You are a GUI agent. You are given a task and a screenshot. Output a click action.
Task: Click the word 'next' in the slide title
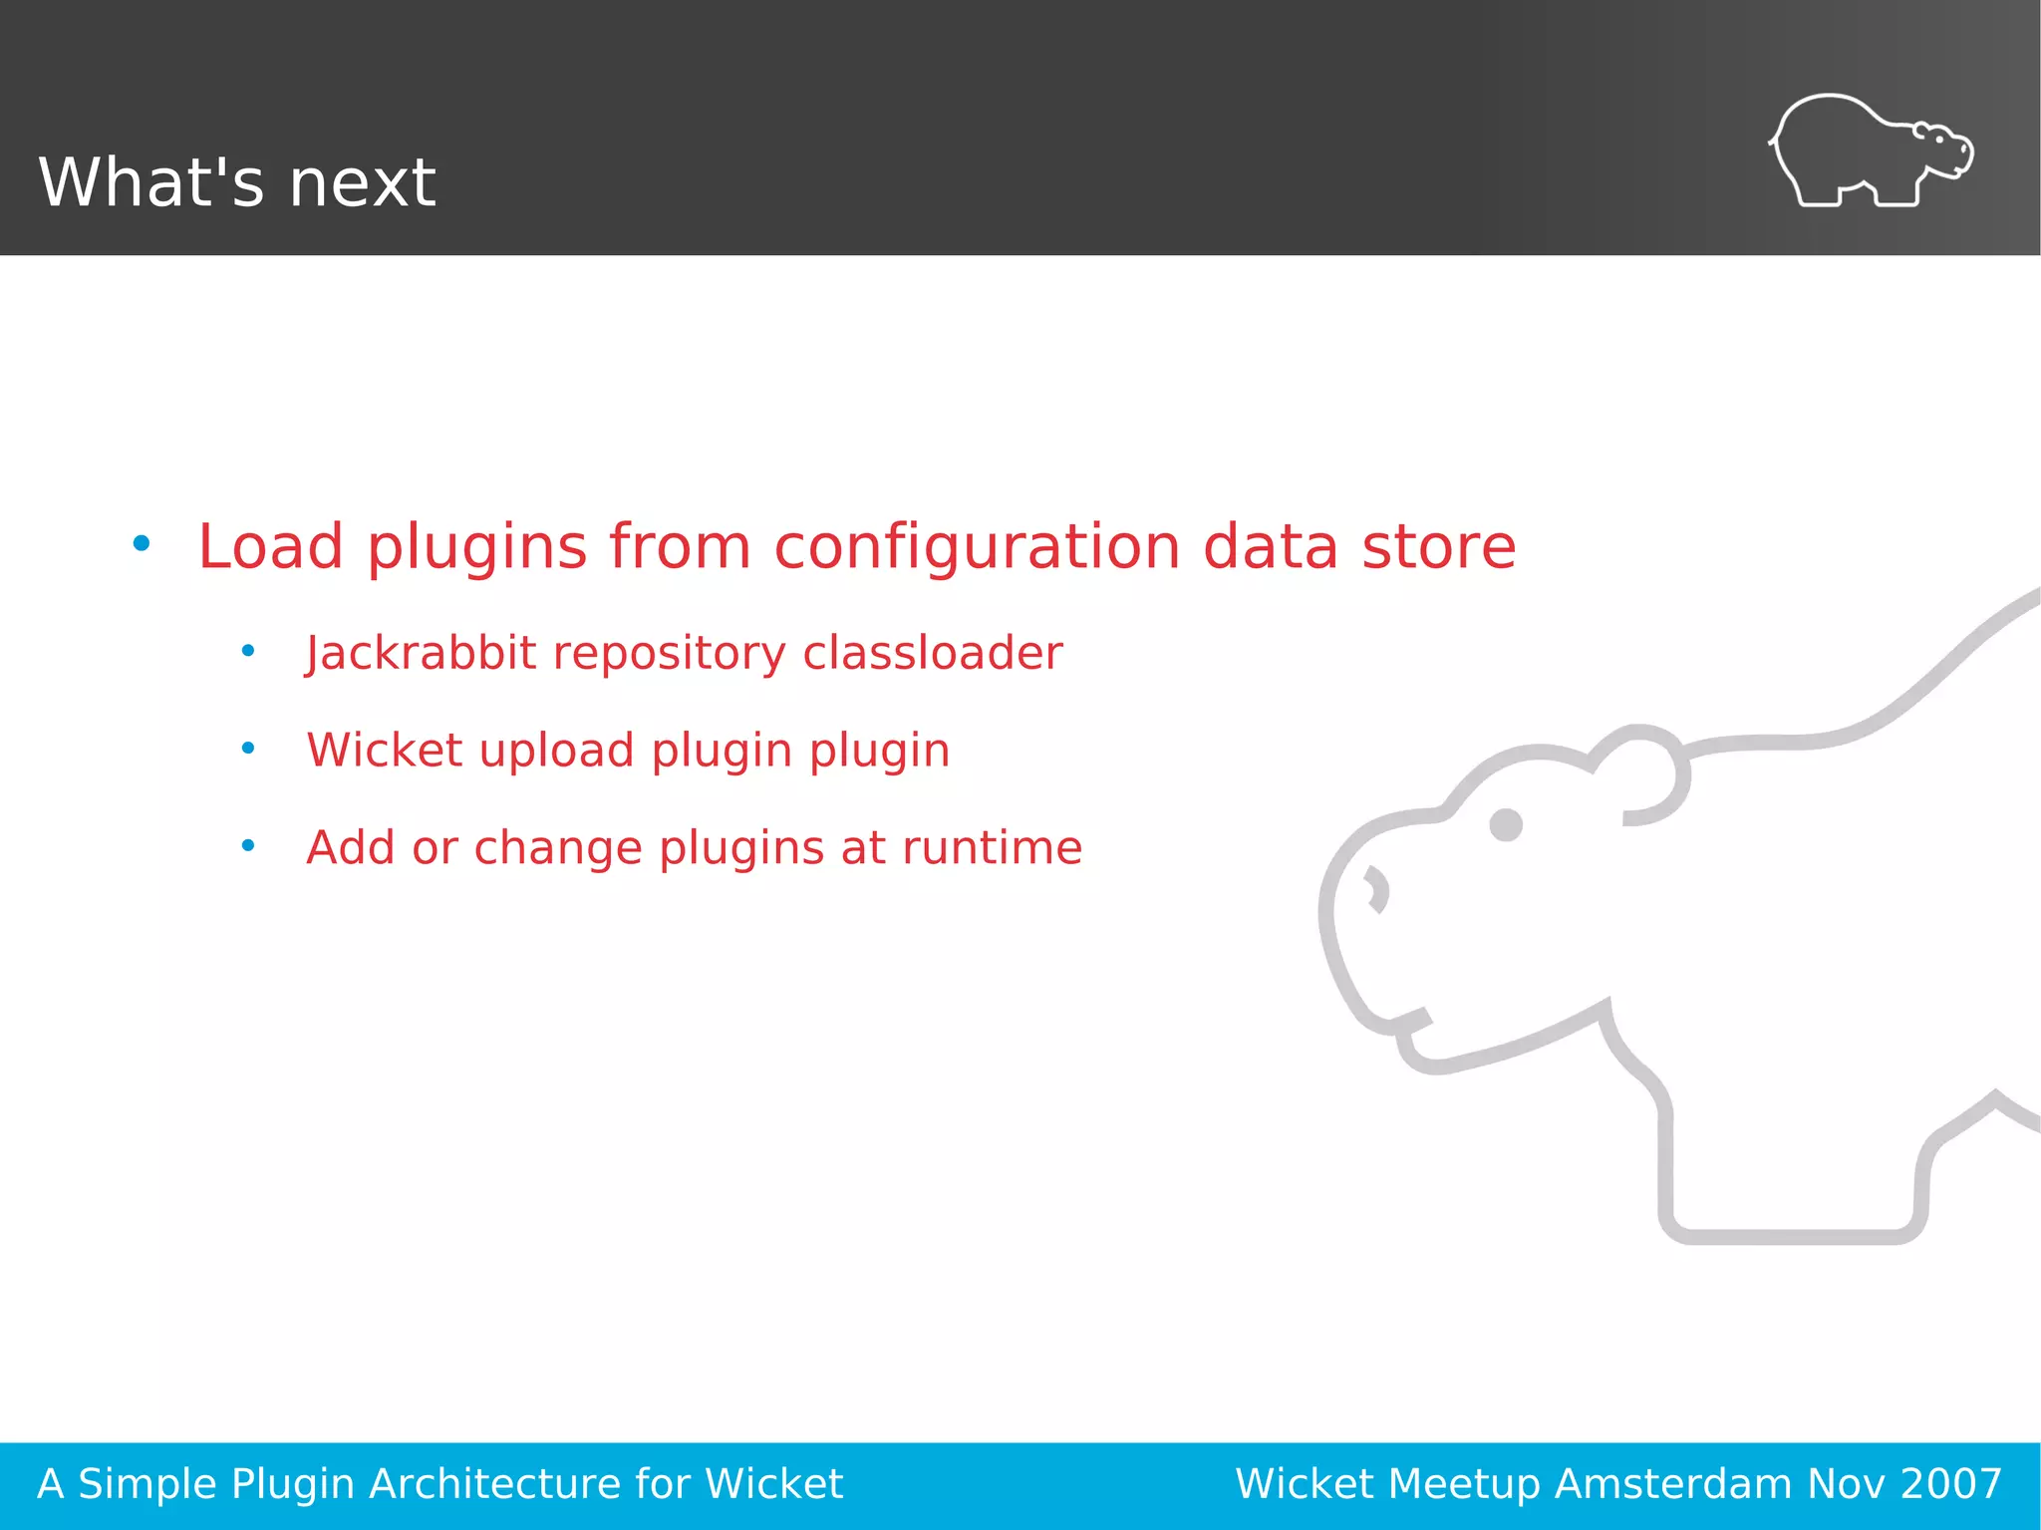tap(362, 183)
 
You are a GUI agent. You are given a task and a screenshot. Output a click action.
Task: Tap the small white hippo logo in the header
tap(1871, 152)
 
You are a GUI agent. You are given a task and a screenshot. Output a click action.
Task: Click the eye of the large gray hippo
tap(1505, 825)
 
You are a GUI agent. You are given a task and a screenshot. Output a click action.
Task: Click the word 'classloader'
tap(932, 654)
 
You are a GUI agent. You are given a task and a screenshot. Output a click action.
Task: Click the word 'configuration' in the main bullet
tap(977, 547)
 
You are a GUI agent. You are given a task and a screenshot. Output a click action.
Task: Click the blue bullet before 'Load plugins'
tap(142, 544)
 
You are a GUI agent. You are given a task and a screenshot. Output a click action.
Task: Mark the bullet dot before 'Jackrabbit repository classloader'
tap(248, 651)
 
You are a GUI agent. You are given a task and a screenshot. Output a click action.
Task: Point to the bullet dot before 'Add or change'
tap(248, 846)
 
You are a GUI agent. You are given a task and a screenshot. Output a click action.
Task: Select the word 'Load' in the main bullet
tap(270, 547)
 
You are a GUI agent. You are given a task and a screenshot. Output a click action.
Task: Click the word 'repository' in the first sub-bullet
tap(669, 654)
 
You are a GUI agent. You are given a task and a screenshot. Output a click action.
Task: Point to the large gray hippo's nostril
tap(1377, 889)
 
